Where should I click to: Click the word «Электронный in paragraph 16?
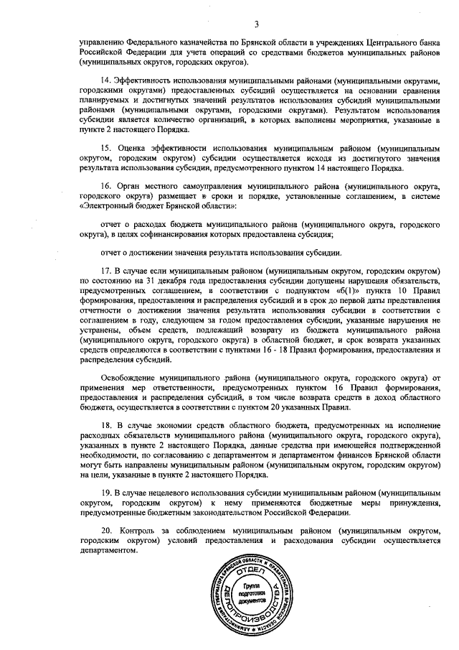pos(108,205)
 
